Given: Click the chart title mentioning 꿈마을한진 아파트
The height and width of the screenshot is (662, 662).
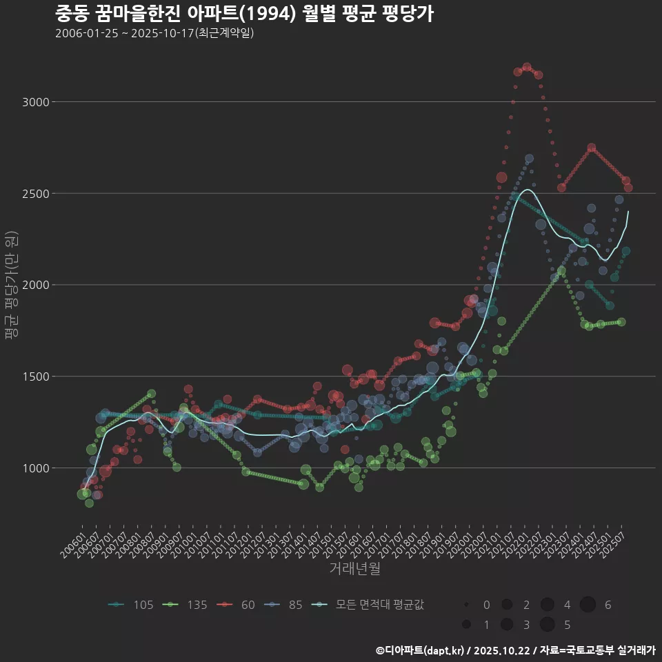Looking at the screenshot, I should tap(244, 13).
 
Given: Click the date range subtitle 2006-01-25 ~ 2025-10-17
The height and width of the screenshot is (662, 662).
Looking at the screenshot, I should tap(154, 33).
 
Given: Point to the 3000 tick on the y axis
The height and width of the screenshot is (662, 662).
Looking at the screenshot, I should tap(36, 102).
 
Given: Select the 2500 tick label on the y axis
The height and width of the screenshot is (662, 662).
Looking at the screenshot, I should tap(36, 194).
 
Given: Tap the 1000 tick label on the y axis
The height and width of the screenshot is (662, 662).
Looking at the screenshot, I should tap(36, 468).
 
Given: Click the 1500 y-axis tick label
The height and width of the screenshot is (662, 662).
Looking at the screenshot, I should tap(36, 377).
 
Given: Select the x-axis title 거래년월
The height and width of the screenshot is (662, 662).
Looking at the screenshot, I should tap(354, 568).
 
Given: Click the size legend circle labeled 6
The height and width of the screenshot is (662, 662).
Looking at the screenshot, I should tap(588, 605).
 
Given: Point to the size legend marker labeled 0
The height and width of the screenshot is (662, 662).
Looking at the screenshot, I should tap(467, 605).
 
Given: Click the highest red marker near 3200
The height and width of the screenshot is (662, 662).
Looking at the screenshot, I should tap(527, 67).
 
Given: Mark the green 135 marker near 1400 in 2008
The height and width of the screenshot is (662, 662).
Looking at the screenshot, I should tap(151, 394).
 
